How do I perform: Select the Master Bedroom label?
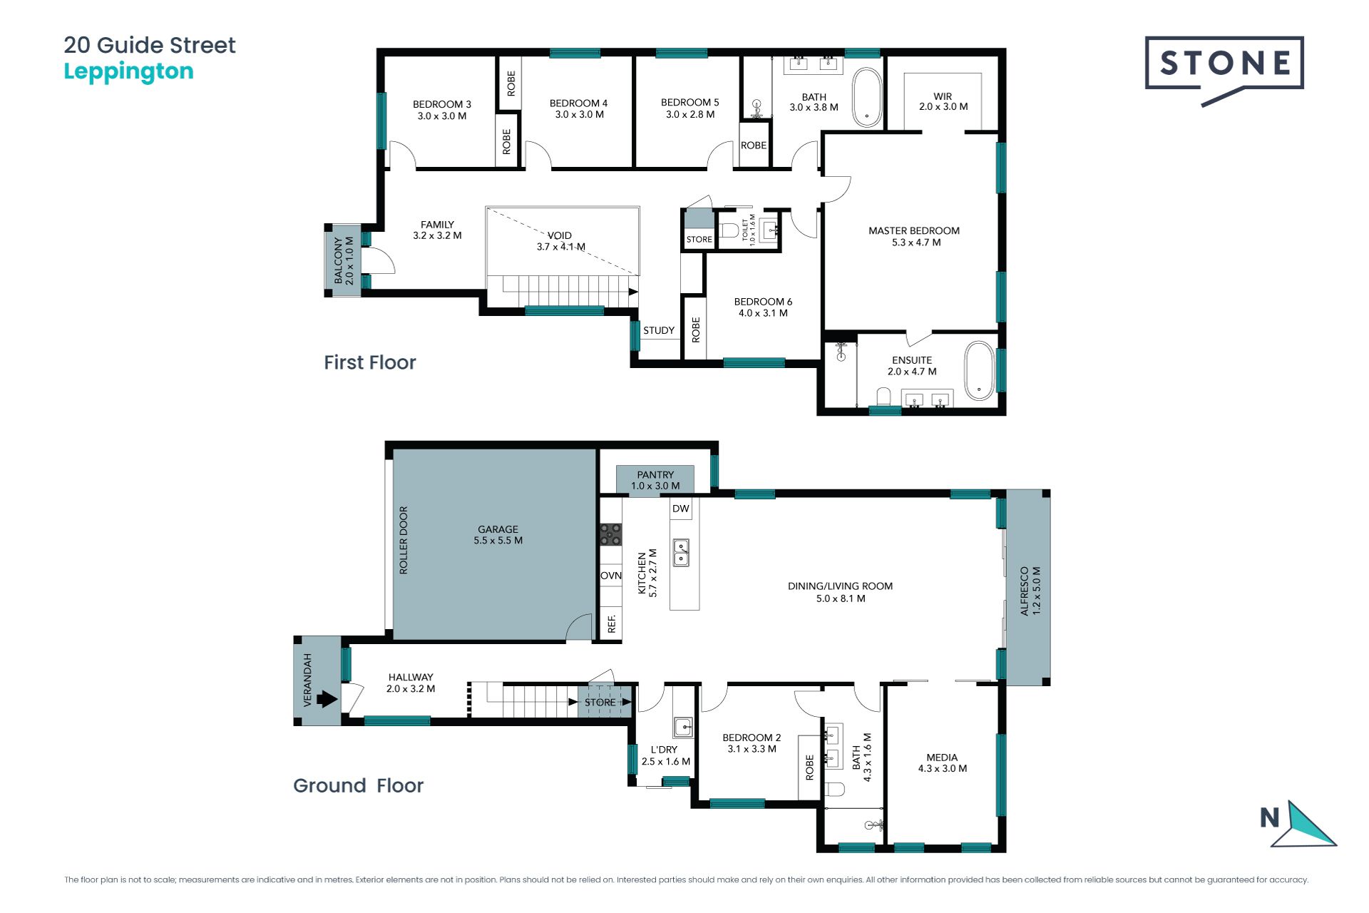tap(914, 236)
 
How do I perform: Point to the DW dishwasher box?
tap(681, 509)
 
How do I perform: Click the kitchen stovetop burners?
tap(610, 534)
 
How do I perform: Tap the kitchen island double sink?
tap(682, 553)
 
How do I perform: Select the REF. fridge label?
tap(611, 624)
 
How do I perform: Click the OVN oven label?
tap(611, 576)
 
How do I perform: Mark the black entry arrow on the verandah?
tap(327, 699)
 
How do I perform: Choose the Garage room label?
tap(498, 535)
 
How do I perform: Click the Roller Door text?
tap(404, 540)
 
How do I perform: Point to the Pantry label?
tap(655, 480)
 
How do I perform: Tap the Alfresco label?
tap(1030, 591)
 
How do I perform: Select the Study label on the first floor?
tap(659, 330)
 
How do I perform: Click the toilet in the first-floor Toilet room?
tap(729, 230)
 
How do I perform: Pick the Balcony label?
tap(344, 260)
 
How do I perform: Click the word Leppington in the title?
tap(128, 72)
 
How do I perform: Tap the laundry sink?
tap(683, 727)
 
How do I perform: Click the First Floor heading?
tap(369, 362)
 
